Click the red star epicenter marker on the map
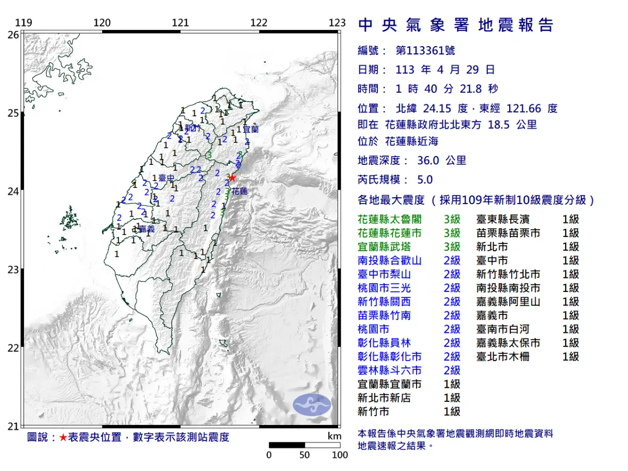(x=232, y=177)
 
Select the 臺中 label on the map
(x=166, y=178)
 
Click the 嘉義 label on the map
(x=147, y=229)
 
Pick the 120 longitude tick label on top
(x=102, y=23)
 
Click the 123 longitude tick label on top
(x=338, y=23)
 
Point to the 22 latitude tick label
(x=13, y=348)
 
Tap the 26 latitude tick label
(x=13, y=35)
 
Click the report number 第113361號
(x=425, y=51)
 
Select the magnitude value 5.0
(x=425, y=180)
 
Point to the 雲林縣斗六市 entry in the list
(x=389, y=371)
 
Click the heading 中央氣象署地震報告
(x=455, y=25)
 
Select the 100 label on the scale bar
(x=340, y=455)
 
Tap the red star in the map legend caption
(x=63, y=438)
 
